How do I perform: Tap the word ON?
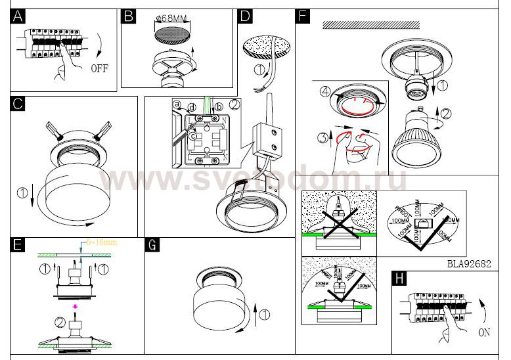click(484, 332)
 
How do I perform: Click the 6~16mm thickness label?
click(103, 242)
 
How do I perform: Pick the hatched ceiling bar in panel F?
click(371, 25)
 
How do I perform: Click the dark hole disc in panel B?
click(175, 30)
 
